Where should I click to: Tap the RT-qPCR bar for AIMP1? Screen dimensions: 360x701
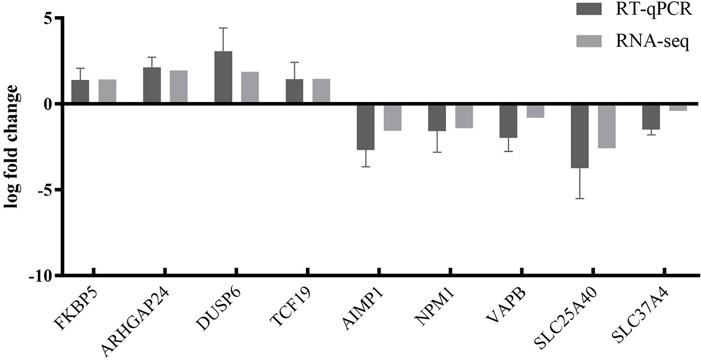(366, 126)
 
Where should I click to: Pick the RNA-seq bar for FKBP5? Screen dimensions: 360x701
(107, 91)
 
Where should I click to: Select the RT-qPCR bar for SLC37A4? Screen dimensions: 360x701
(651, 117)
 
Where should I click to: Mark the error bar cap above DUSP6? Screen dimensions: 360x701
(223, 28)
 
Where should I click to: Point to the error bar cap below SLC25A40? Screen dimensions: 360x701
(580, 199)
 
